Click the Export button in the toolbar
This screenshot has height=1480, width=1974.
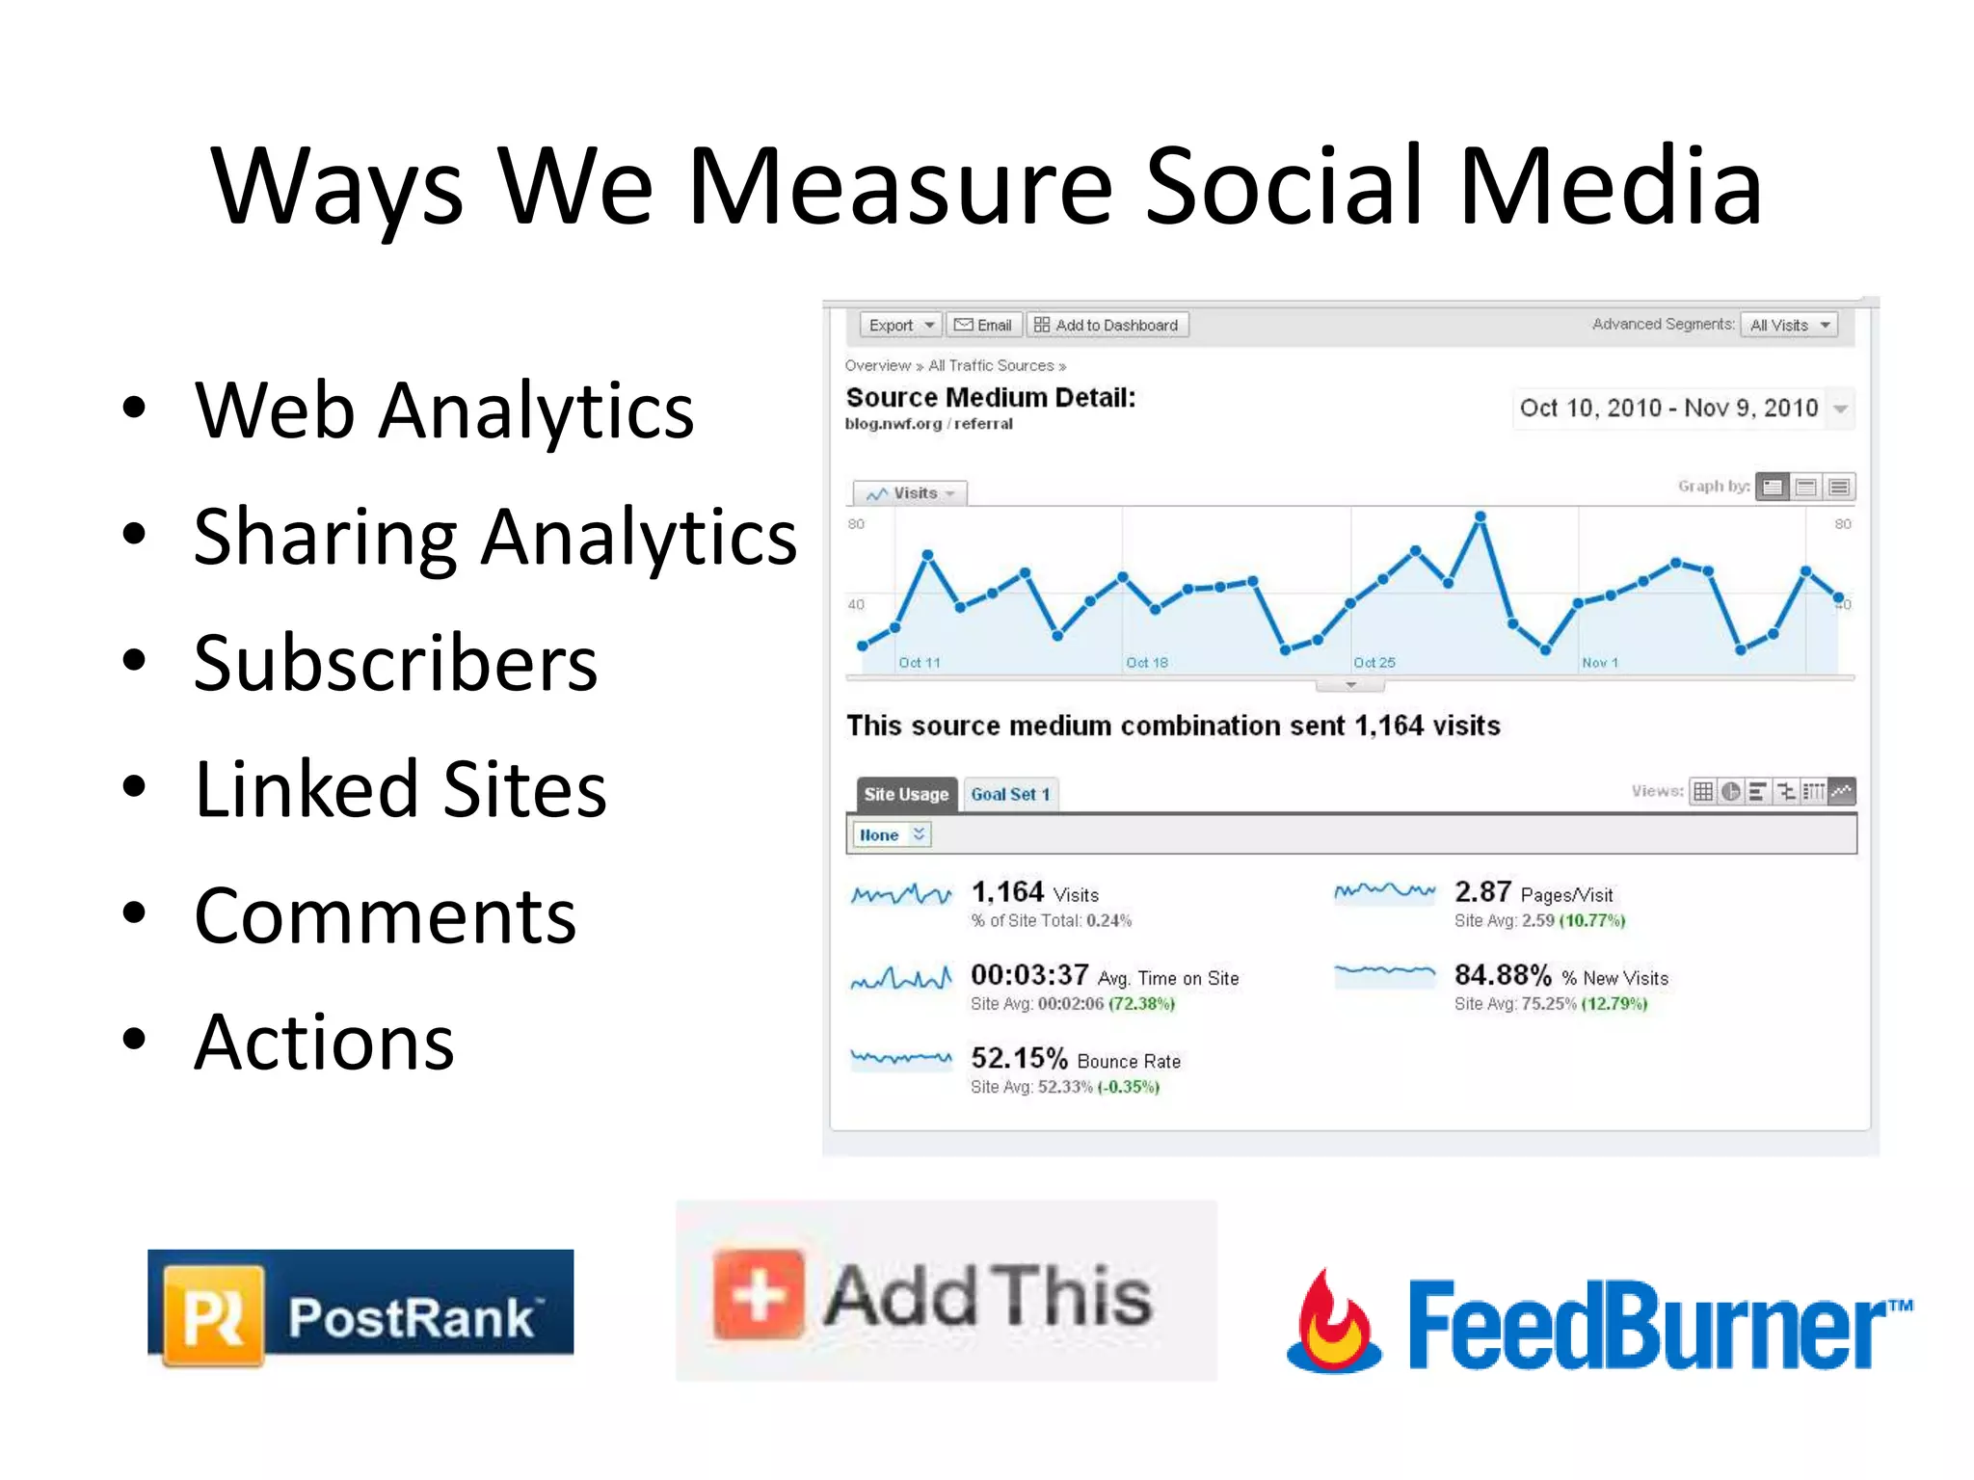click(x=900, y=326)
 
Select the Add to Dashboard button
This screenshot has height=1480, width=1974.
click(x=1107, y=326)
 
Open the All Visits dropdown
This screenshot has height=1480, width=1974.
click(x=1789, y=326)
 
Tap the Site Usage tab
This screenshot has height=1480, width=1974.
click(x=906, y=794)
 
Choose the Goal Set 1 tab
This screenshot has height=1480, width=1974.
click(x=1009, y=794)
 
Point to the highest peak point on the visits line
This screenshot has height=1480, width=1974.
click(x=1480, y=517)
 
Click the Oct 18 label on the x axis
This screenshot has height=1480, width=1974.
click(x=1147, y=663)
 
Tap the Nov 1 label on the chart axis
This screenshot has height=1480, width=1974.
click(x=1600, y=663)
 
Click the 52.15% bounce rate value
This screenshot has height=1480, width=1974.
click(x=1019, y=1059)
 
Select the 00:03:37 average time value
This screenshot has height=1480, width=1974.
click(x=1029, y=975)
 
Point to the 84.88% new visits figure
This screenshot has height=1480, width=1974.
click(x=1503, y=975)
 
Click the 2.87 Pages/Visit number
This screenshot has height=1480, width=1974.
click(x=1482, y=892)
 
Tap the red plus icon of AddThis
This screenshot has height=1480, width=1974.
click(x=759, y=1295)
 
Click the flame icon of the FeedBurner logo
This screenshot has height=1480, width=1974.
click(x=1333, y=1322)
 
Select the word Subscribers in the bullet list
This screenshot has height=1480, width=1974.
click(x=395, y=663)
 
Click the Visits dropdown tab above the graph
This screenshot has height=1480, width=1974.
click(x=910, y=493)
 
